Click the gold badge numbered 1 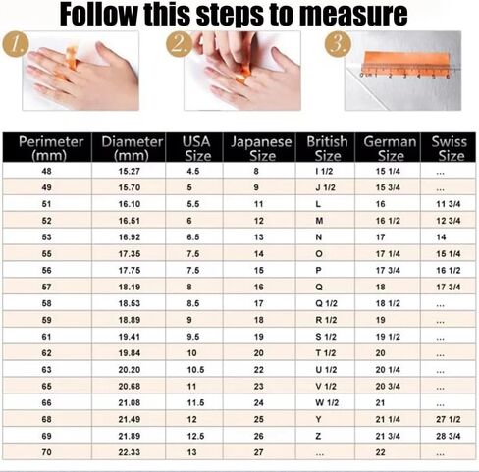coord(16,44)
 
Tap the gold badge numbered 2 coord(180,44)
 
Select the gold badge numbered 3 coord(338,44)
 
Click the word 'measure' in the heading coord(353,14)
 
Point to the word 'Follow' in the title coord(98,14)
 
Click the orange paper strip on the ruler coord(406,62)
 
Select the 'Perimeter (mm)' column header coord(50,148)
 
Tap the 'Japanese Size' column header coord(261,148)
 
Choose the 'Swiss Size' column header coord(450,148)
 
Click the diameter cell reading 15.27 coord(130,171)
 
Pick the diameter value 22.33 coord(130,452)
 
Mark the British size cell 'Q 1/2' coord(326,303)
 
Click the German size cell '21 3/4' coord(388,436)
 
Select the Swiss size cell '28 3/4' coord(449,436)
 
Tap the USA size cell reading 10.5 coord(195,370)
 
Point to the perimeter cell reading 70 coord(46,452)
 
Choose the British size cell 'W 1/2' coord(327,402)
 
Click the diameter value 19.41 coord(130,337)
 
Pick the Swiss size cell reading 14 coord(441,237)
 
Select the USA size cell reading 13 coord(192,452)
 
